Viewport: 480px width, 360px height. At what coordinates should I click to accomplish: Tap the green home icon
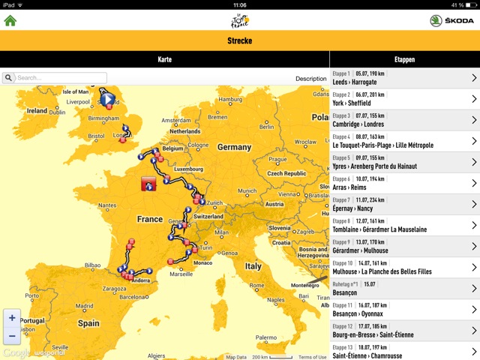pyautogui.click(x=10, y=20)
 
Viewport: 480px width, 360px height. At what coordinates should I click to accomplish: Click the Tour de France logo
pyautogui.click(x=240, y=19)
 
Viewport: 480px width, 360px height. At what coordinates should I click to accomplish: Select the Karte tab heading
pyautogui.click(x=164, y=59)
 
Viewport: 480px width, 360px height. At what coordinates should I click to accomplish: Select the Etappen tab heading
pyautogui.click(x=404, y=59)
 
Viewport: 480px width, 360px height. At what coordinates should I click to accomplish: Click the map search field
pyautogui.click(x=60, y=77)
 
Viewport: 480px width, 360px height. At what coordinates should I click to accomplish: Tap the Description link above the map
pyautogui.click(x=310, y=78)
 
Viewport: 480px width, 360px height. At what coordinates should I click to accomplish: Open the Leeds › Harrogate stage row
pyautogui.click(x=404, y=78)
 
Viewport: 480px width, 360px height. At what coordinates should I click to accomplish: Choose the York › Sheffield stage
pyautogui.click(x=404, y=99)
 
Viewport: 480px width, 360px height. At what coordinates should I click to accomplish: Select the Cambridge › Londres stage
pyautogui.click(x=404, y=120)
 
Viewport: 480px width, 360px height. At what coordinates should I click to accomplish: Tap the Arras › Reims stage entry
pyautogui.click(x=404, y=184)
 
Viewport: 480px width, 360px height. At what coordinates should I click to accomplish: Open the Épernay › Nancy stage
pyautogui.click(x=404, y=205)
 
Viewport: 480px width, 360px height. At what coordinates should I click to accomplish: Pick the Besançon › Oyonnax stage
pyautogui.click(x=404, y=310)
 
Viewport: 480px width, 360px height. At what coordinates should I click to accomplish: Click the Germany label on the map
pyautogui.click(x=235, y=148)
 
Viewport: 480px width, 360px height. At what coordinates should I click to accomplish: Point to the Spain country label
pyautogui.click(x=88, y=323)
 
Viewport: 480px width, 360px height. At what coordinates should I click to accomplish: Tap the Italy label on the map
pyautogui.click(x=254, y=265)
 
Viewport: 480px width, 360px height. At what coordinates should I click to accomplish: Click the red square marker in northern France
pyautogui.click(x=148, y=184)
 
